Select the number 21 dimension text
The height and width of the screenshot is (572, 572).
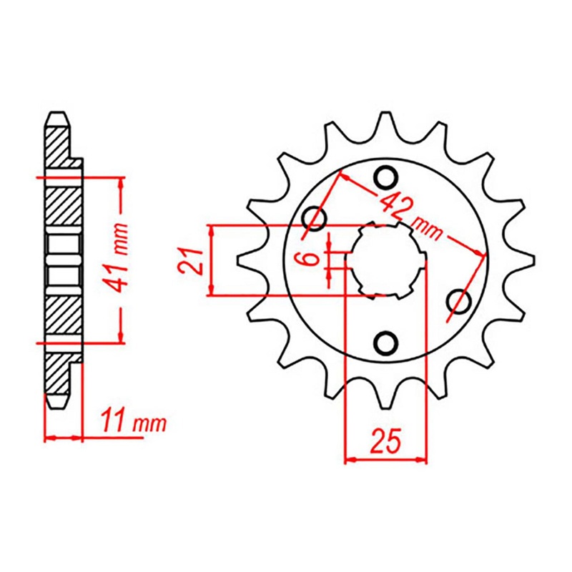[189, 260]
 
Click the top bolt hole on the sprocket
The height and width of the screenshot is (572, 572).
[386, 175]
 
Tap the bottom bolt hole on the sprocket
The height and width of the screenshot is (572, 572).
[386, 344]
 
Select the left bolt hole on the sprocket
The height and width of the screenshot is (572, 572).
[314, 217]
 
